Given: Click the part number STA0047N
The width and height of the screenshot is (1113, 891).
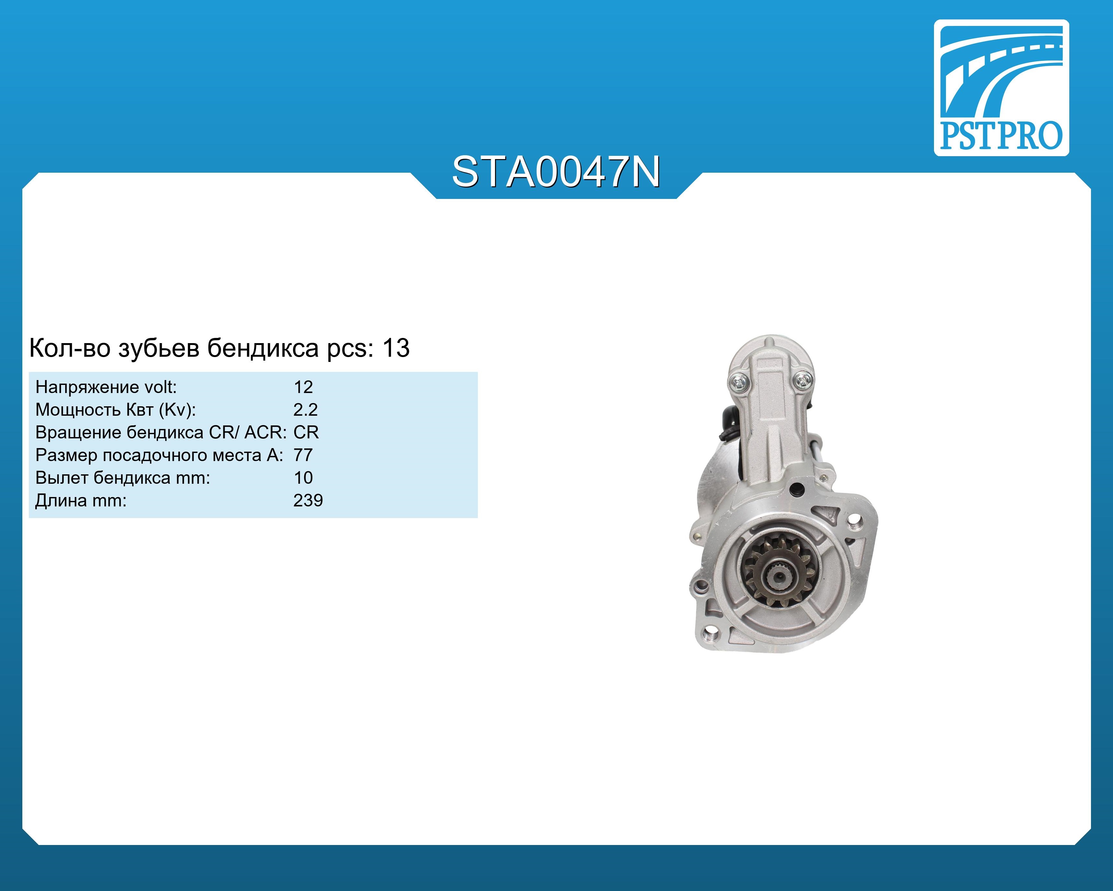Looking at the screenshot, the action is point(556,172).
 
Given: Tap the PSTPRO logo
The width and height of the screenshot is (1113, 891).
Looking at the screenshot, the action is point(1001,88).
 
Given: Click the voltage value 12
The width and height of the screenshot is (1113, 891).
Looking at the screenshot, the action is point(303,387).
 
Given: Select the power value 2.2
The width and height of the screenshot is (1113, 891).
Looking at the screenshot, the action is point(305,410).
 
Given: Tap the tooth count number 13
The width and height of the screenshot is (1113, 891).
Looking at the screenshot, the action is point(396,348).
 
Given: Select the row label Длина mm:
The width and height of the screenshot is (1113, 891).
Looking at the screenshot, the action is point(81,501).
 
